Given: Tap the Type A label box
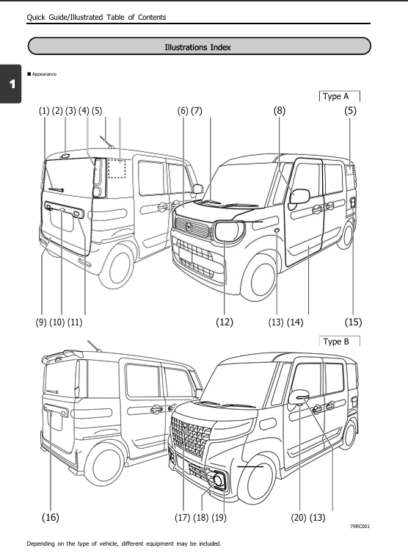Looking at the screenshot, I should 340,95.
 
